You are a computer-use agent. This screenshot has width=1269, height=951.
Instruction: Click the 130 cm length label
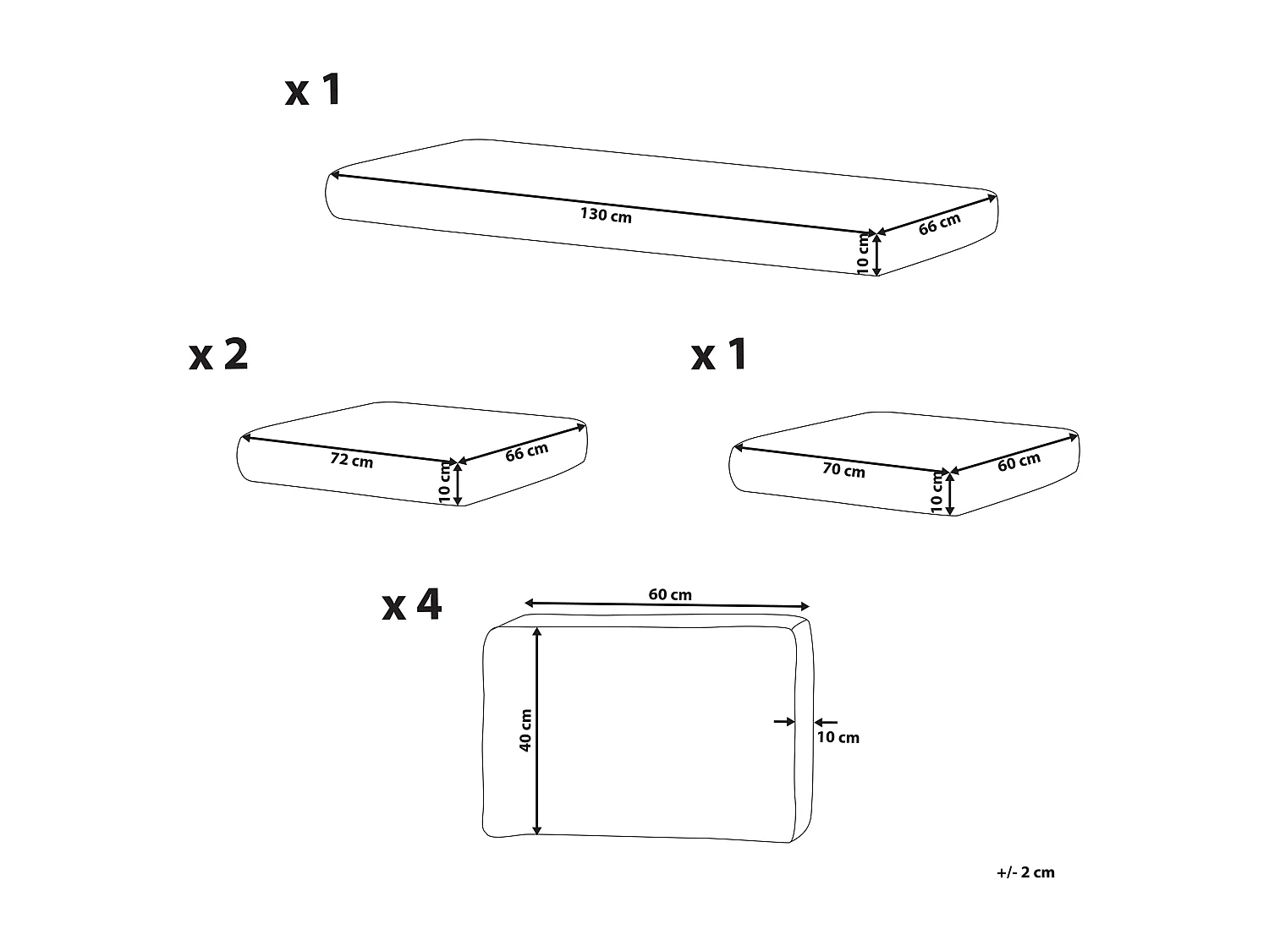(x=606, y=216)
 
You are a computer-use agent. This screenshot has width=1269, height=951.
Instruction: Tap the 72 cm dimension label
(x=351, y=461)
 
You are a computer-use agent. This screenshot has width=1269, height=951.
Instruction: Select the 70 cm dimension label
(x=843, y=470)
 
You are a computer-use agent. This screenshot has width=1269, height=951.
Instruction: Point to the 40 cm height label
(x=525, y=731)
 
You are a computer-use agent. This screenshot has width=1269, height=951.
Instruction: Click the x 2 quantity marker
(x=218, y=355)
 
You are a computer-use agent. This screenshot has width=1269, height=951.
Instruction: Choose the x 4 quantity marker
(x=412, y=605)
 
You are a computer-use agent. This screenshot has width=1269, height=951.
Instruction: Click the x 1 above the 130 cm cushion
(x=313, y=90)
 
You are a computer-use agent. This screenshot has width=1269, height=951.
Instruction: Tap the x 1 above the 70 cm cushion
(x=719, y=355)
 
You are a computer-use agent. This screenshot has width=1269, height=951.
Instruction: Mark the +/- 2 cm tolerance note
(x=1025, y=872)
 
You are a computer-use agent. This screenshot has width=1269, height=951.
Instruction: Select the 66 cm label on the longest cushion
(x=940, y=224)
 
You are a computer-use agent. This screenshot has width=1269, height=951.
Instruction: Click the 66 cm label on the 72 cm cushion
(x=526, y=452)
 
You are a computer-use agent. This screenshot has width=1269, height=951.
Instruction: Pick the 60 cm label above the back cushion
(x=670, y=594)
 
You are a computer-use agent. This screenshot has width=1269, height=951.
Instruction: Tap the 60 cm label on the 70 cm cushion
(x=1019, y=462)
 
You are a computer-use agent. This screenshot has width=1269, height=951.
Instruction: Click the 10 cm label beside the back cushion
(x=838, y=737)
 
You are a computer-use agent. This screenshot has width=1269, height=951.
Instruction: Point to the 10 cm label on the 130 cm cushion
(x=863, y=254)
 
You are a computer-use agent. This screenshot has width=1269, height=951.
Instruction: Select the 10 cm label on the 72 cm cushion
(x=445, y=484)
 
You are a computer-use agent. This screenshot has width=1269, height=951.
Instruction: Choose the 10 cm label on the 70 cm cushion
(x=937, y=493)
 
